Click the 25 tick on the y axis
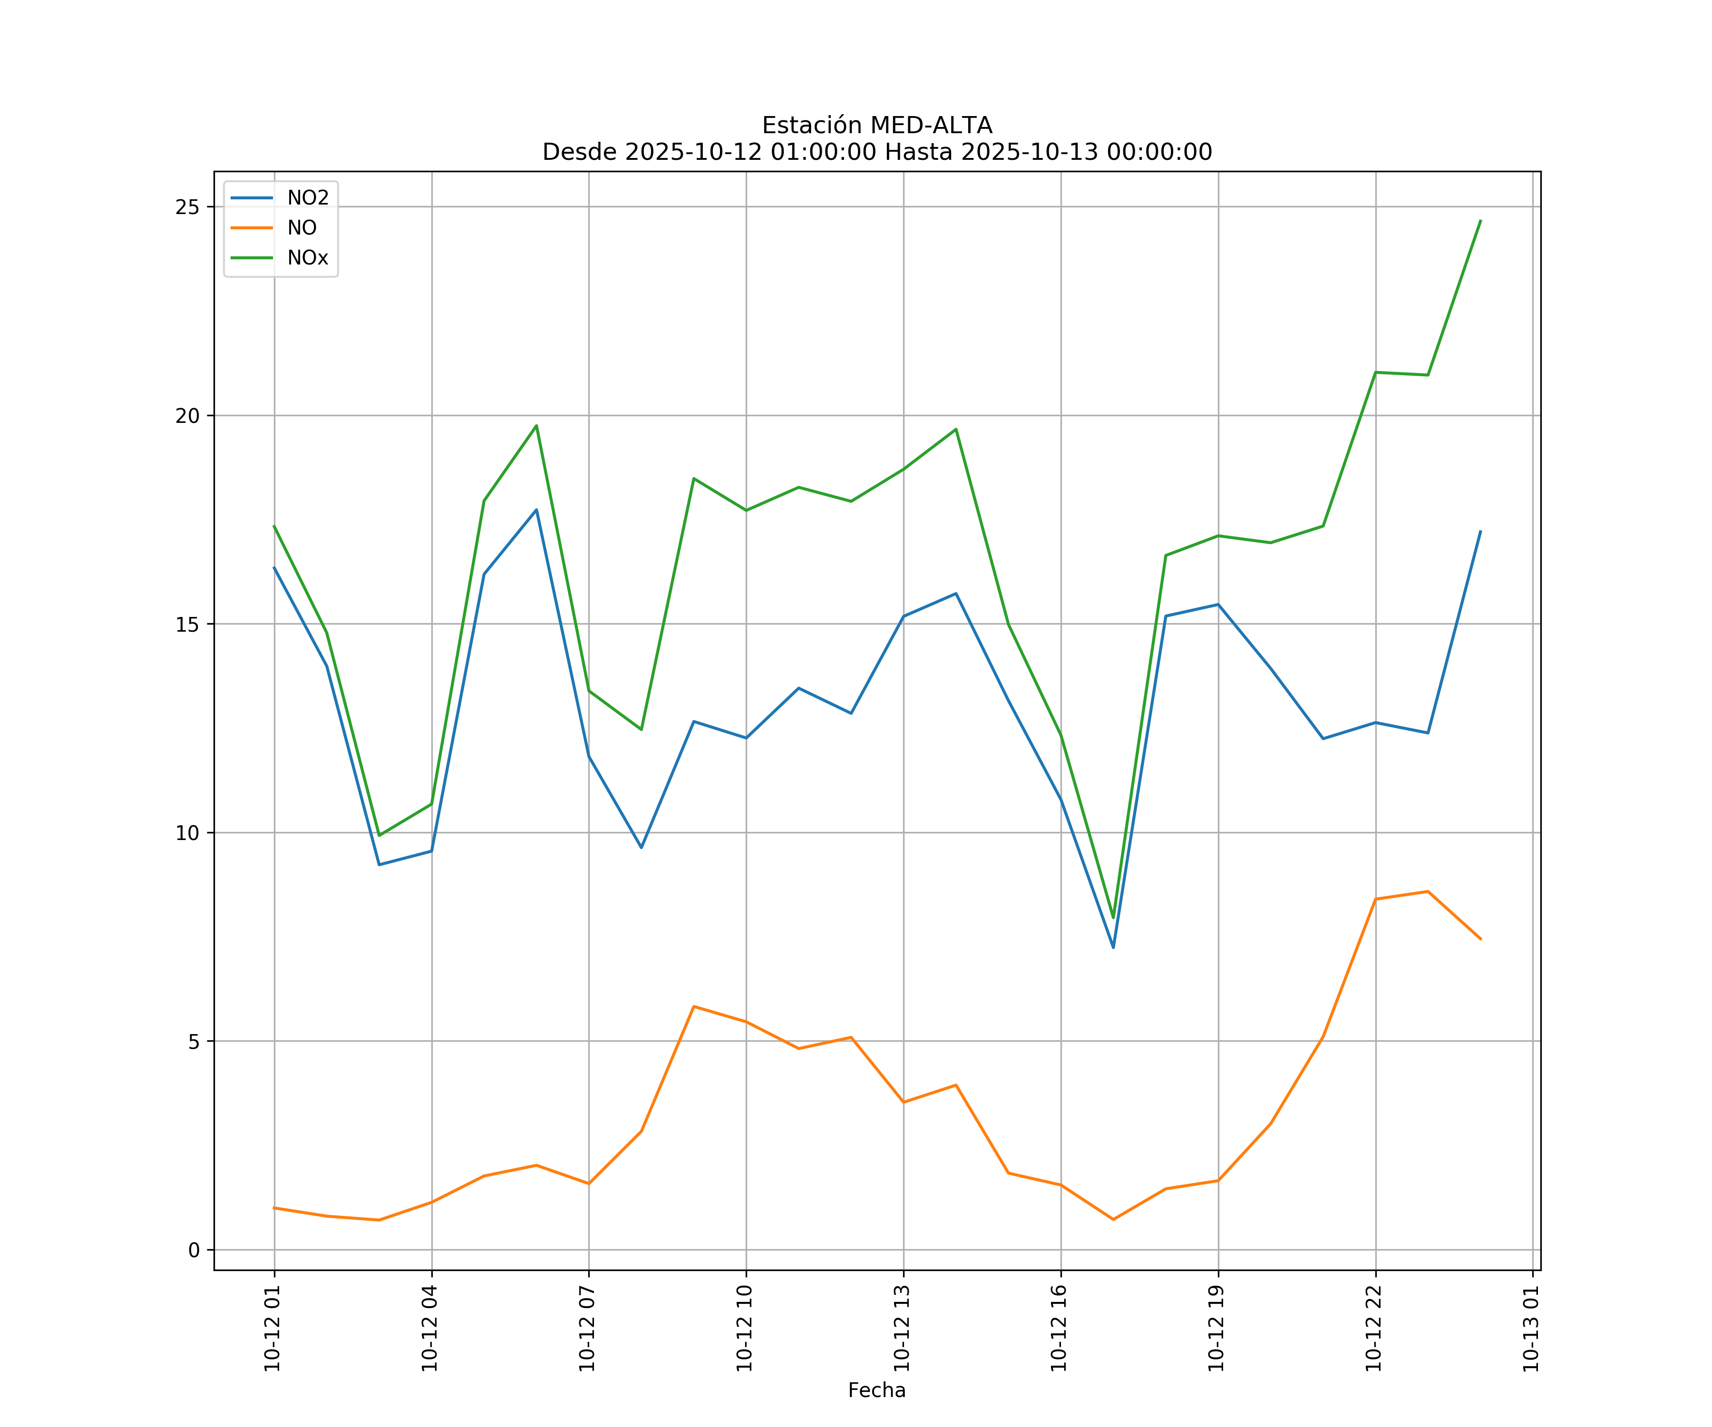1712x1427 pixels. tap(187, 207)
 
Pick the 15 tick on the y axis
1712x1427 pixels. tap(187, 625)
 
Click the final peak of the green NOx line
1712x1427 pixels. tap(1480, 220)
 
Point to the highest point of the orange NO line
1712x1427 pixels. tap(1428, 891)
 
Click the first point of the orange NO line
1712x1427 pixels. tap(274, 1208)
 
